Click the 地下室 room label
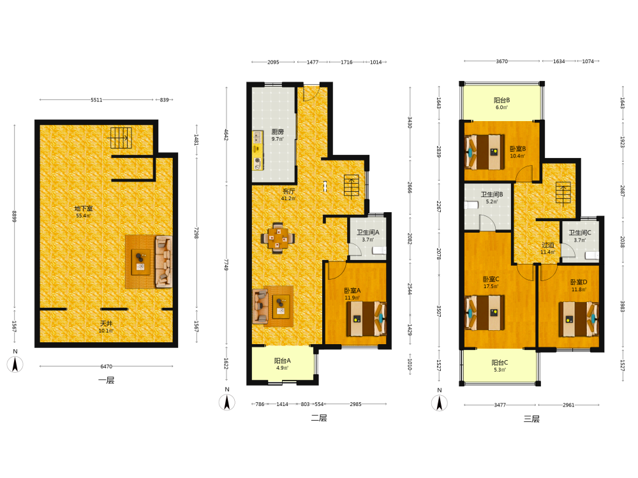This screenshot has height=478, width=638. click(x=84, y=208)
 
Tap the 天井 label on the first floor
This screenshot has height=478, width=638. click(x=106, y=324)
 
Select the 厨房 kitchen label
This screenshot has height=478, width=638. click(x=278, y=132)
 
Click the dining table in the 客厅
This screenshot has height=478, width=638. click(x=278, y=238)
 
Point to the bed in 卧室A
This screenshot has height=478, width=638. click(x=366, y=319)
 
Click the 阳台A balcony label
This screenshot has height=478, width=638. click(x=283, y=361)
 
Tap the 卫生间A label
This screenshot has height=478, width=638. click(x=368, y=233)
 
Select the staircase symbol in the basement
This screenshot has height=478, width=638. click(x=120, y=138)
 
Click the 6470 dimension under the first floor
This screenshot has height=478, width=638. click(x=106, y=366)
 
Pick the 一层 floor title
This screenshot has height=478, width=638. click(x=106, y=380)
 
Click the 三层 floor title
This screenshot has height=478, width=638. click(x=531, y=419)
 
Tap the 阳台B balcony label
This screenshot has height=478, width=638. click(x=501, y=100)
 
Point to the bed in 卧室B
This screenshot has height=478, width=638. click(x=485, y=152)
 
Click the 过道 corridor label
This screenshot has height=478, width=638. click(x=547, y=245)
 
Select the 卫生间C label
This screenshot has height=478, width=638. click(x=580, y=233)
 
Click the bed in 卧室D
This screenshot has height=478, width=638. click(x=579, y=319)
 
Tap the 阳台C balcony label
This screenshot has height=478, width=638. click(x=500, y=363)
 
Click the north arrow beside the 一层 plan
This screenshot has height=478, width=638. click(x=15, y=364)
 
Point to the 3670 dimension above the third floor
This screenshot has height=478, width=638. click(x=501, y=61)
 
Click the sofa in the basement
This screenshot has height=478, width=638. click(x=163, y=262)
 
